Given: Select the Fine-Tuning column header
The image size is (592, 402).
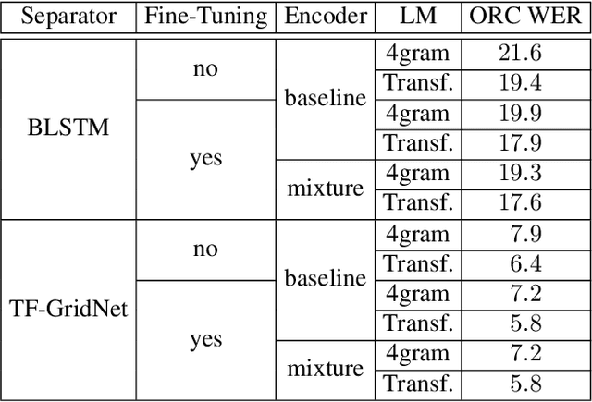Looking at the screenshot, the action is (x=205, y=16).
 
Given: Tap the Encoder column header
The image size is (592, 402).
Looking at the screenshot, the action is (x=326, y=16).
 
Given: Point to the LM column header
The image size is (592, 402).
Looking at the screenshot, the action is (x=418, y=16).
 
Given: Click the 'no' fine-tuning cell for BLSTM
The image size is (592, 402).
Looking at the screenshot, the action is (x=205, y=68).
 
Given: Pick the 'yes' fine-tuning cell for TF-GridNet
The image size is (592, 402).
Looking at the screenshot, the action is (x=205, y=339).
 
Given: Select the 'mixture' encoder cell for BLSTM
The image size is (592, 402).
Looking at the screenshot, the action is (x=325, y=188).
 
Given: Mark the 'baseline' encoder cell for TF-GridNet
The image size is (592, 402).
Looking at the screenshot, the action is (x=325, y=278).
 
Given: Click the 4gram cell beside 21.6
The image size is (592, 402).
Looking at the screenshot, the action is (x=417, y=54).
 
